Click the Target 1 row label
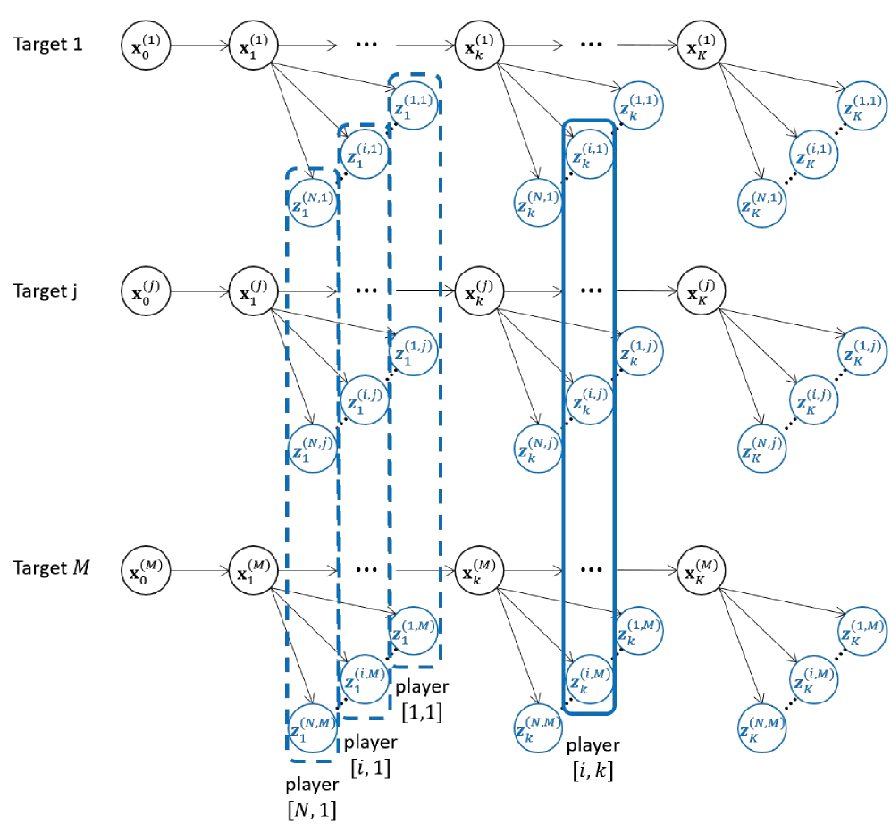pos(47,45)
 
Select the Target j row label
pos(46,291)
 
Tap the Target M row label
pos(51,567)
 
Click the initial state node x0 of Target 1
pos(146,45)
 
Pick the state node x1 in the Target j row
pos(254,291)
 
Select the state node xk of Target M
pos(480,570)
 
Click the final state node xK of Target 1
pos(702,45)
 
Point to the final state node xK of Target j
pos(702,291)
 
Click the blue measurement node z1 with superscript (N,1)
pos(312,202)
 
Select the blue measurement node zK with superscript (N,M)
pos(761,728)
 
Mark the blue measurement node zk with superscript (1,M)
pos(639,631)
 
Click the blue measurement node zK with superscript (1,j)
pos(862,351)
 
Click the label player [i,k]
pos(593,758)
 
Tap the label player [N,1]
pos(312,797)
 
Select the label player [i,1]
pos(371,755)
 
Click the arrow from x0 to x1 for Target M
pos(199,570)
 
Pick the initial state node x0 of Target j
pos(146,291)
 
